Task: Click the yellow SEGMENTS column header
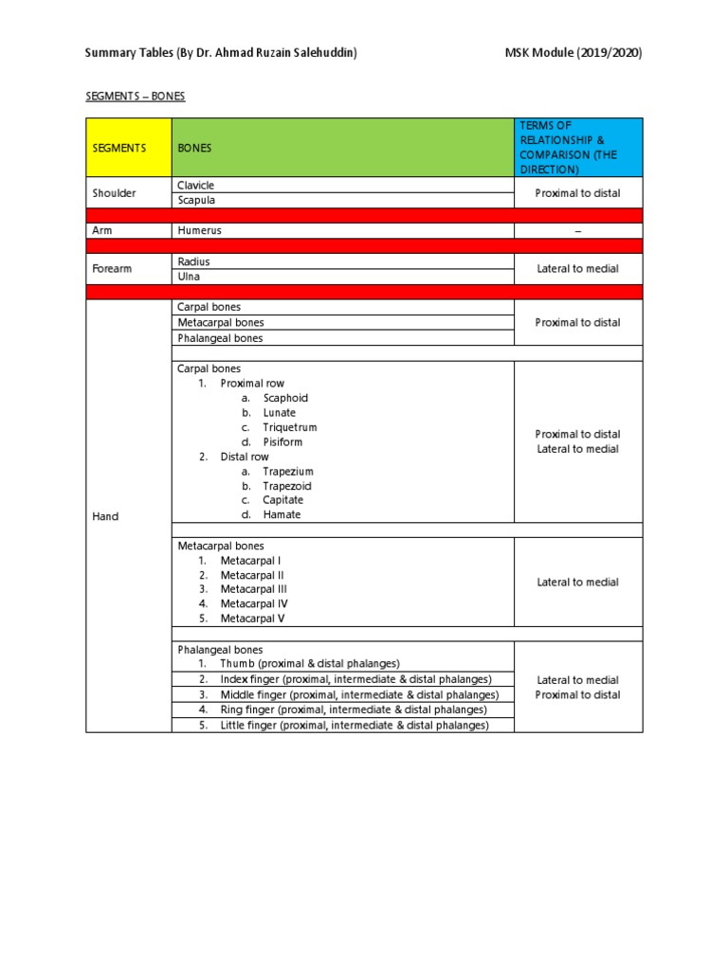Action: point(128,148)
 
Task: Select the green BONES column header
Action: point(342,148)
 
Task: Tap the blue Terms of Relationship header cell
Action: point(577,148)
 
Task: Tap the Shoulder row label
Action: point(114,193)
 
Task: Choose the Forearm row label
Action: point(113,269)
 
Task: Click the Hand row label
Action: point(105,516)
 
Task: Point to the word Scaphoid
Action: point(285,399)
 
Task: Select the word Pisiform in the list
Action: point(283,442)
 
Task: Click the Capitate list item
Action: point(285,500)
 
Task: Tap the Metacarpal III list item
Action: point(253,589)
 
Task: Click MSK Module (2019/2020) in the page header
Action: point(573,53)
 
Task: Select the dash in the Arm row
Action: point(577,231)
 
